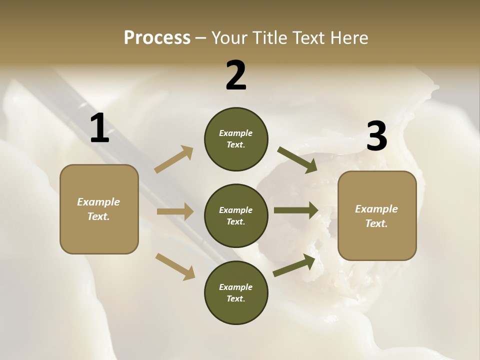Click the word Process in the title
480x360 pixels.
coord(157,38)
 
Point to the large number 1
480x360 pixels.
coord(99,129)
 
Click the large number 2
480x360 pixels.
coord(236,76)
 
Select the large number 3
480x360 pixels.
coord(376,136)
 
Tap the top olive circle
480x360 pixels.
coord(236,139)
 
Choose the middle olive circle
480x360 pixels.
coord(236,215)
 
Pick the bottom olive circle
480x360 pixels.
coord(236,292)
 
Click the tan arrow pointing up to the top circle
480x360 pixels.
coord(174,159)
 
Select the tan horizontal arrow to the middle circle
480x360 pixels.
coord(175,211)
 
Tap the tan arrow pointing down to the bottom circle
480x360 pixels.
coord(175,266)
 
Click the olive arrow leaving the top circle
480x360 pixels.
coord(297,159)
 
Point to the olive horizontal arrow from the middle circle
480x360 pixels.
coord(296,210)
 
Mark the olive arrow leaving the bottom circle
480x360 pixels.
coord(294,265)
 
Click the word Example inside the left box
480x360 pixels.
coord(98,202)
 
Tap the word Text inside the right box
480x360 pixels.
coord(376,223)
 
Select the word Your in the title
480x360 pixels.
coord(228,38)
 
